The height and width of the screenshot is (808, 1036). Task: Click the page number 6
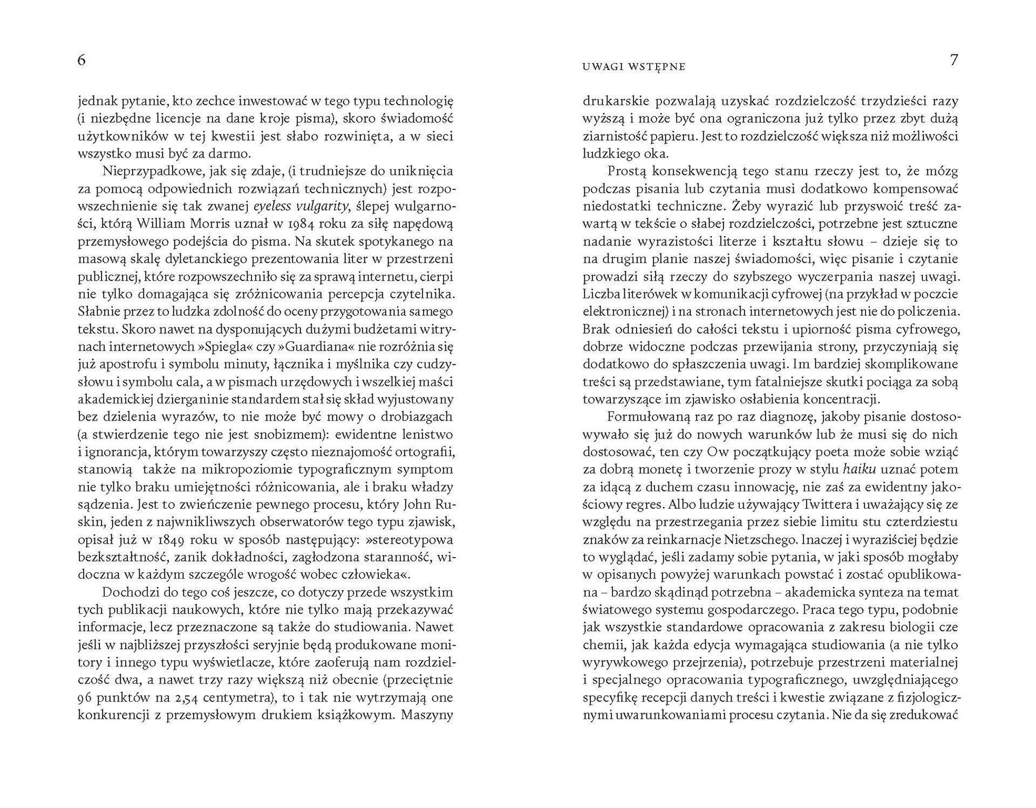(x=81, y=60)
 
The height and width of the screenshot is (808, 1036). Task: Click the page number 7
(x=953, y=60)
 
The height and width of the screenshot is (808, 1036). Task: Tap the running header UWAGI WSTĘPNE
(x=634, y=67)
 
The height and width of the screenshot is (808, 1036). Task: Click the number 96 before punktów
(x=85, y=698)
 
